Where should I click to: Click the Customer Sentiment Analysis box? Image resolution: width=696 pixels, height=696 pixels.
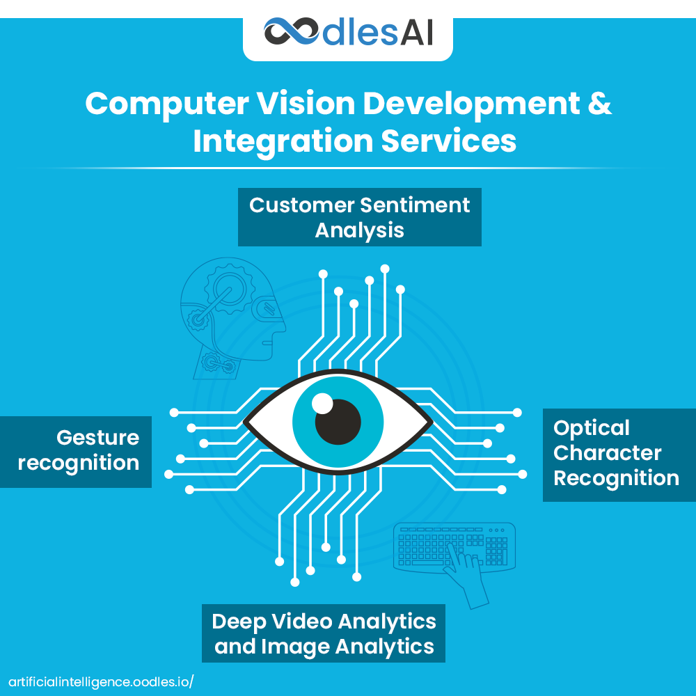[x=359, y=216]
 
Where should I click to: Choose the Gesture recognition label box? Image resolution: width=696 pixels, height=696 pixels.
[x=76, y=451]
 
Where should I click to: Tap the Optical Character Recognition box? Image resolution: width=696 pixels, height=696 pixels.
[x=619, y=454]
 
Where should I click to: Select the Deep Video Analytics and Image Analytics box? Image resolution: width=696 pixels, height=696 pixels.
[x=324, y=633]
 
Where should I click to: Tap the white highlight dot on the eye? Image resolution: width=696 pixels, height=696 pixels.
[x=322, y=403]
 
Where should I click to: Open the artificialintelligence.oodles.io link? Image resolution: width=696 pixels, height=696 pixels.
[x=100, y=681]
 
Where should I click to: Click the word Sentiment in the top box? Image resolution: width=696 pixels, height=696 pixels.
[x=414, y=205]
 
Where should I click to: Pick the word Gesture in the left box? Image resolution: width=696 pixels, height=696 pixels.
[x=97, y=438]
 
